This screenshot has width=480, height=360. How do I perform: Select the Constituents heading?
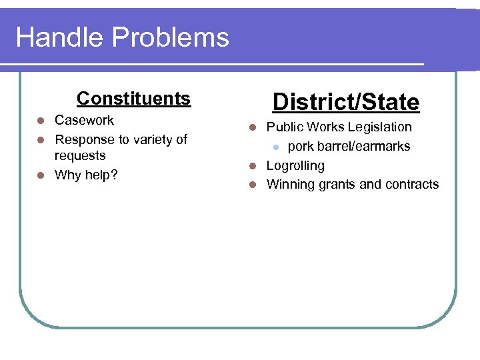click(x=133, y=99)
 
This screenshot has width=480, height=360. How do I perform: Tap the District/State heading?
click(x=346, y=103)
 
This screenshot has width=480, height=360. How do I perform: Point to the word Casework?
click(x=84, y=121)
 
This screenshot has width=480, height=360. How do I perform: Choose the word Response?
click(x=83, y=140)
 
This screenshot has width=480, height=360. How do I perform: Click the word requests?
click(x=80, y=156)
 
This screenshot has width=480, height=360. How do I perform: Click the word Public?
click(x=284, y=127)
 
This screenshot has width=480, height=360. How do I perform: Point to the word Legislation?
click(x=378, y=127)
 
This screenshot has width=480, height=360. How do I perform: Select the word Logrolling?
click(x=295, y=166)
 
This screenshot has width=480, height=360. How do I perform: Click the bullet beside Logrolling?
click(x=253, y=166)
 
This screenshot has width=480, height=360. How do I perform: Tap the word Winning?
click(x=289, y=185)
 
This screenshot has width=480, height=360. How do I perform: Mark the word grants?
click(x=335, y=185)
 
